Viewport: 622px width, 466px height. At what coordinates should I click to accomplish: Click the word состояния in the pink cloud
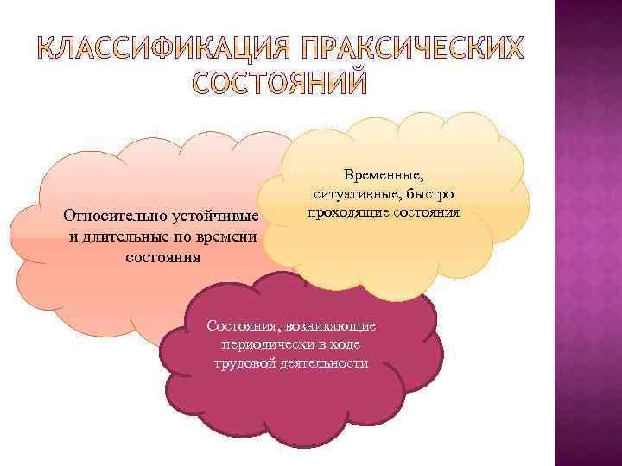pyautogui.click(x=163, y=257)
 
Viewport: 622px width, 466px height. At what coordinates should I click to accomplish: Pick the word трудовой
pyautogui.click(x=246, y=362)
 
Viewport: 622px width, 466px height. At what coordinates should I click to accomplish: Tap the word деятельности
pyautogui.click(x=325, y=362)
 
